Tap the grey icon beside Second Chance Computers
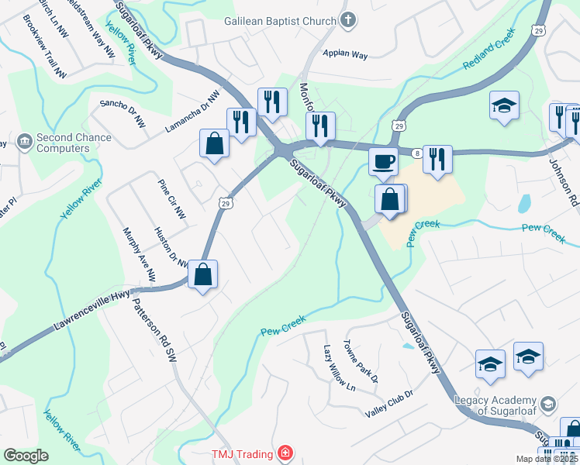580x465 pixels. tap(22, 142)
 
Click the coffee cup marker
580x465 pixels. tap(383, 161)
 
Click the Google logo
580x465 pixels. tap(26, 456)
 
